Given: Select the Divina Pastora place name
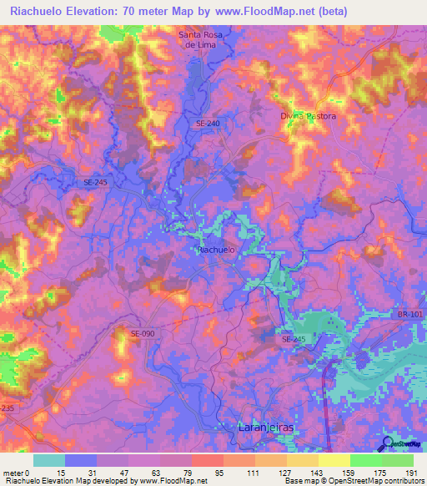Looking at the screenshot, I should [308, 116].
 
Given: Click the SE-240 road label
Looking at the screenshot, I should [208, 124].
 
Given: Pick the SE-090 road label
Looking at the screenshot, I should [143, 333].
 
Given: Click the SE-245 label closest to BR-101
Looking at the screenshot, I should [293, 339].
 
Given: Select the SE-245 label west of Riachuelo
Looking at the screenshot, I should [97, 181].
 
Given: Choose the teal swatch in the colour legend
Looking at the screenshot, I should [49, 460].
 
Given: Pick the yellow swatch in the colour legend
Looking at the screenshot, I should [334, 460].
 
